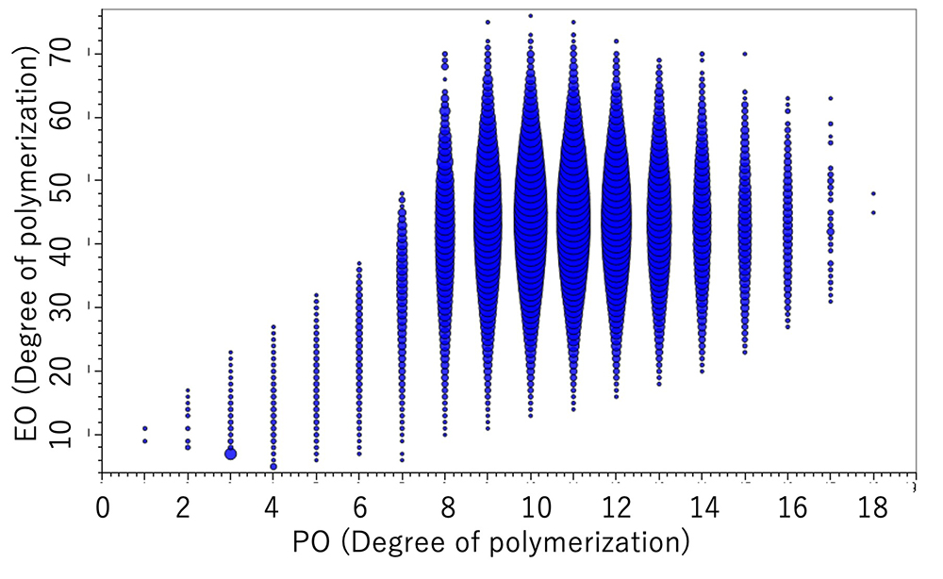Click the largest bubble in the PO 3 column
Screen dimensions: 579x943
230,454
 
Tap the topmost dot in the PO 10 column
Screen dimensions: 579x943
531,15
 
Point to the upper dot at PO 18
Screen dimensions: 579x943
873,193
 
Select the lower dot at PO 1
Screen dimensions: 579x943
144,441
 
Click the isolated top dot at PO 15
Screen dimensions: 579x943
745,54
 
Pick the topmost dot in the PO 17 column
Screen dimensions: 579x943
831,98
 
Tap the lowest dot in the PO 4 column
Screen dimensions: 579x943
273,466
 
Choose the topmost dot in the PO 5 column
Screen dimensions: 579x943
316,295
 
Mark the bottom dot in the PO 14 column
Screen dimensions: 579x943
702,372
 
